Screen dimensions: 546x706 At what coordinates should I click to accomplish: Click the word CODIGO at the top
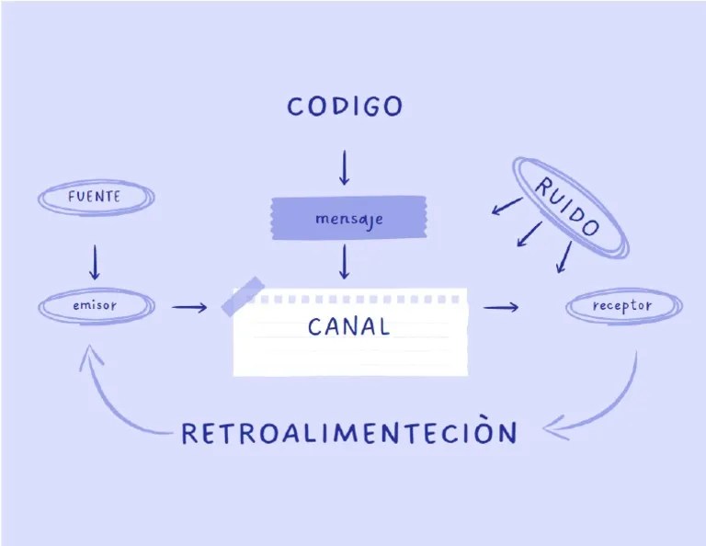coord(345,107)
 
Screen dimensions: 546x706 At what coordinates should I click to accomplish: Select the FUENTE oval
coord(95,198)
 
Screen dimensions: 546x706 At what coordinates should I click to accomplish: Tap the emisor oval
coord(96,306)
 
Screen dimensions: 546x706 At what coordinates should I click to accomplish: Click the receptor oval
coord(622,306)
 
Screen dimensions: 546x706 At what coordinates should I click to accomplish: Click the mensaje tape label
coord(347,219)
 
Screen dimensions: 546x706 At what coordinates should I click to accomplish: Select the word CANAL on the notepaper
coord(348,326)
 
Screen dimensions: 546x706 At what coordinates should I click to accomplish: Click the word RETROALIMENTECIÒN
coord(348,433)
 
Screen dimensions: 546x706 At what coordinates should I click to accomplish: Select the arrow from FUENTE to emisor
coord(94,261)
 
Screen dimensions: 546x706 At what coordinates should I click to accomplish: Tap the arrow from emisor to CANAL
coord(189,307)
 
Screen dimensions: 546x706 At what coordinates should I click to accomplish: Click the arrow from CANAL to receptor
coord(501,307)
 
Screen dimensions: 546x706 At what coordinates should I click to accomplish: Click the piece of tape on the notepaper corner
coord(244,295)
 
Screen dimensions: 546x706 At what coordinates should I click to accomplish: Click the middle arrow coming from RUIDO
coord(529,234)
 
